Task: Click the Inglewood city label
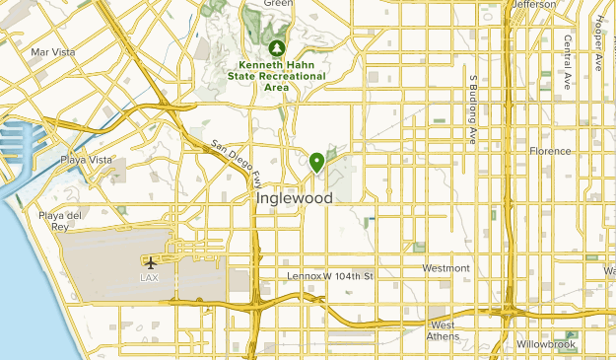[293, 198]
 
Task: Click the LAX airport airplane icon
[150, 262]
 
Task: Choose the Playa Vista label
[88, 160]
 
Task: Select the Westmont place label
[445, 268]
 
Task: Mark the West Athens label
[443, 331]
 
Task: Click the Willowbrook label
[545, 345]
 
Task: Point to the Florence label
[550, 151]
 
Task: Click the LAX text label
[150, 277]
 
